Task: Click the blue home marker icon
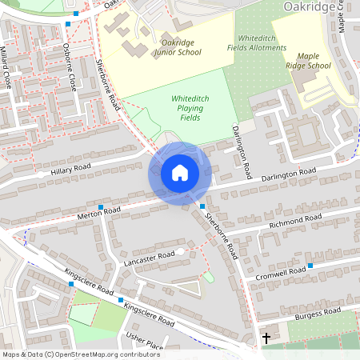coord(180,173)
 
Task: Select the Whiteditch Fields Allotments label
coord(262,42)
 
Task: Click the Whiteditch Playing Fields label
coord(185,108)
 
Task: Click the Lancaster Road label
coord(149,258)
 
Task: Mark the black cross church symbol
coord(266,338)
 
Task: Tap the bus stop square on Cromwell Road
coord(310,265)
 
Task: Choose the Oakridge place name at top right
coord(310,7)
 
